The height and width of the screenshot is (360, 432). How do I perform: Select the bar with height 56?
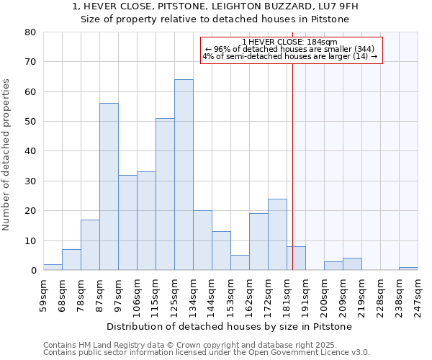pos(109,186)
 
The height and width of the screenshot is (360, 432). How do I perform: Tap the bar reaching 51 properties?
pos(165,194)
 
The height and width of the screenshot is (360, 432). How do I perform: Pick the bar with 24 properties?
pos(277,235)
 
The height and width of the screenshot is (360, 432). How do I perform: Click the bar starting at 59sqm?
pos(53,267)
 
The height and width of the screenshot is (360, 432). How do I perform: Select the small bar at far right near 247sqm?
pos(408,269)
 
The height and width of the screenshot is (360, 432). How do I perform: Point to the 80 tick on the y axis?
pos(30,32)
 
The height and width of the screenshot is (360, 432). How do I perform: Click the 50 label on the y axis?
pos(30,122)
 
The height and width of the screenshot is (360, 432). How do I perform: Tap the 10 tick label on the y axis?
pos(30,241)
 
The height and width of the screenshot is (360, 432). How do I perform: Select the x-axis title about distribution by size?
pos(234,327)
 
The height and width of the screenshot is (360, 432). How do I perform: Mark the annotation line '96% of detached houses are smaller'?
pos(291,49)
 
